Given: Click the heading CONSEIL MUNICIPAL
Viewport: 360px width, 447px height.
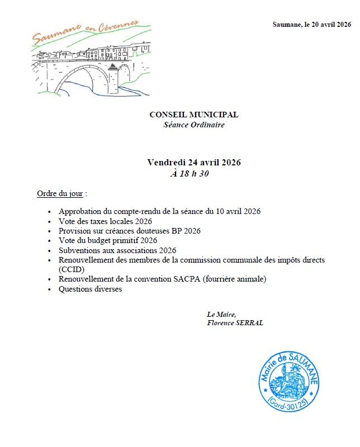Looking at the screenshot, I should (193, 115).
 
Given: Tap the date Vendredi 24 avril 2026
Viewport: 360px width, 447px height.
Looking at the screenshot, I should (194, 163).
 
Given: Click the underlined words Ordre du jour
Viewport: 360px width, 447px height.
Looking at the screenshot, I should (60, 194).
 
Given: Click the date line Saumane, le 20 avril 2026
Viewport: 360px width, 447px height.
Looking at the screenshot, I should (311, 25).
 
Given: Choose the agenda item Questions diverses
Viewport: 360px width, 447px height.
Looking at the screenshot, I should (90, 289).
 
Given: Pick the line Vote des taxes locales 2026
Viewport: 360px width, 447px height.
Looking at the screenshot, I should (105, 221).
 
